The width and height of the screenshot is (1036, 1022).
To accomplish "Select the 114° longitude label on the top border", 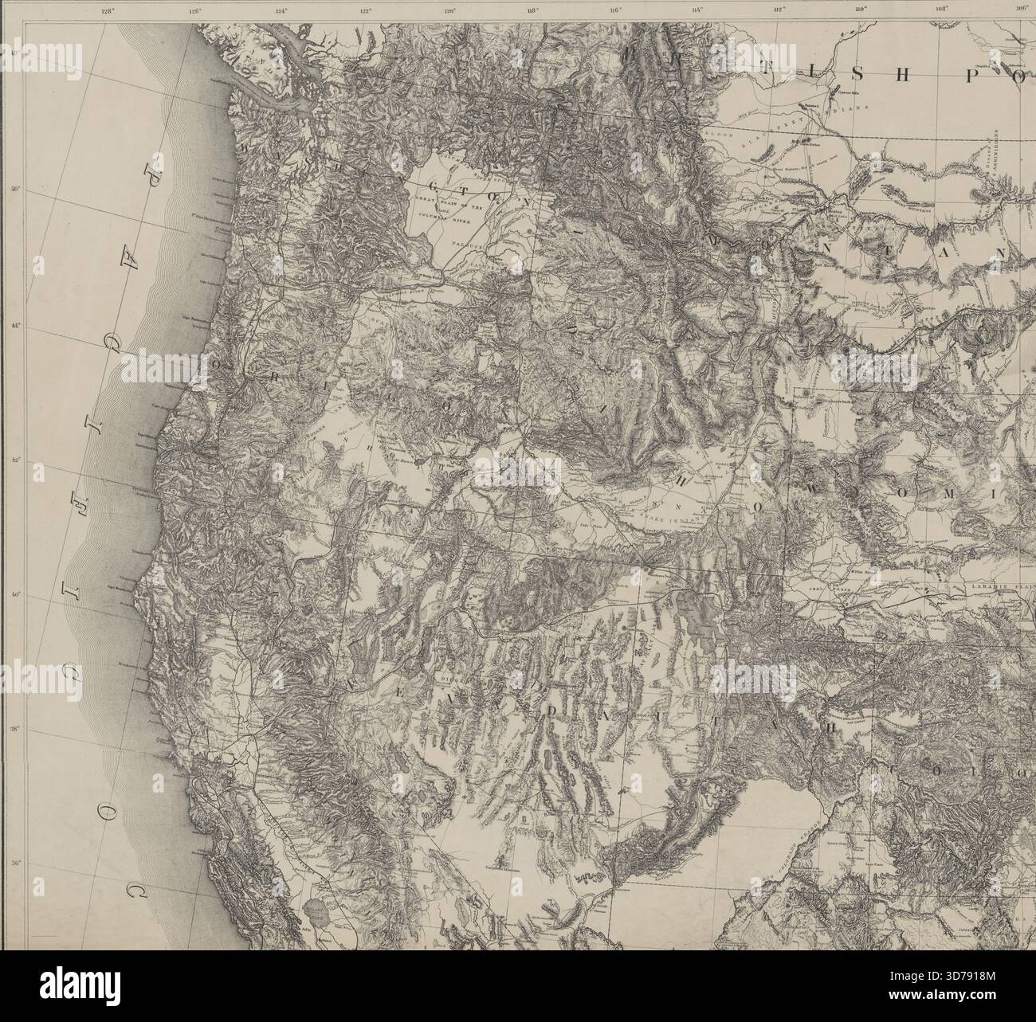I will [x=697, y=11].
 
